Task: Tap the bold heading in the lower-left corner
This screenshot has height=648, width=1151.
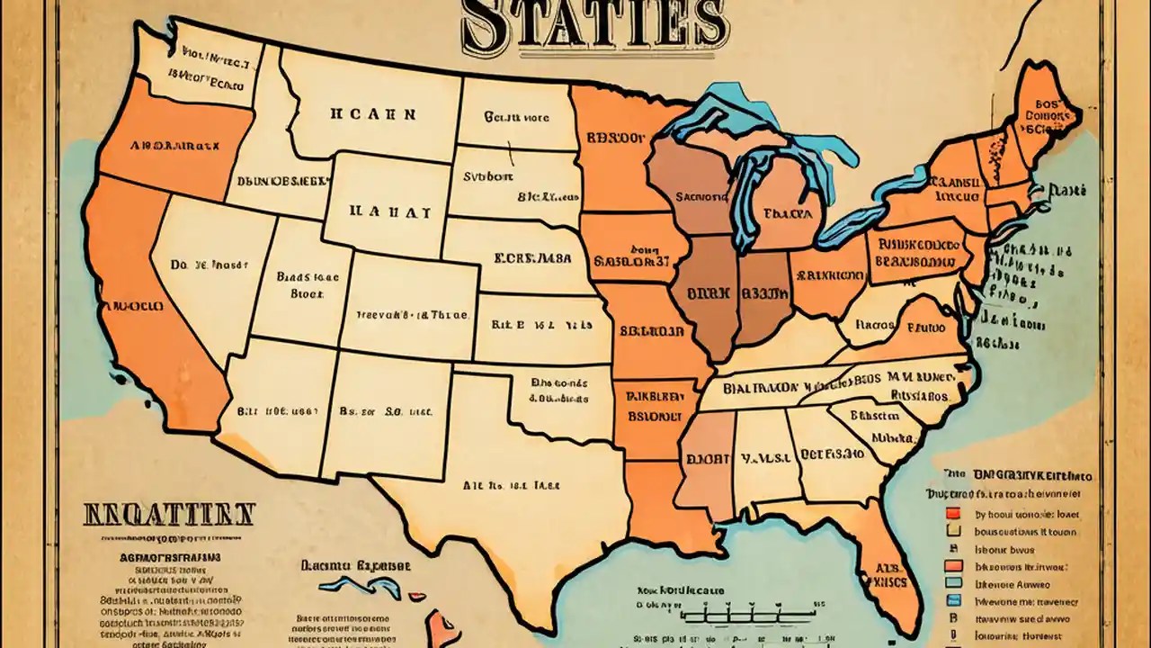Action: pos(169,516)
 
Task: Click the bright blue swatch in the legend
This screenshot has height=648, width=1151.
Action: pos(954,600)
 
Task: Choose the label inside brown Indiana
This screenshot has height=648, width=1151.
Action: pos(764,293)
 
